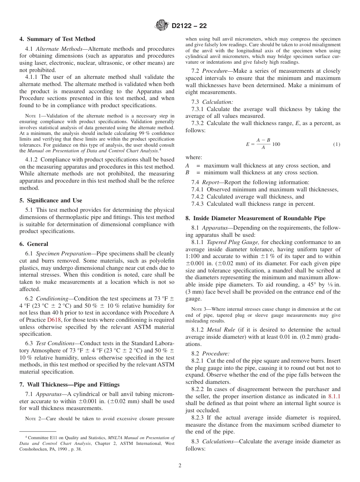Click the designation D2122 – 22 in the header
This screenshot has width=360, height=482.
(189, 26)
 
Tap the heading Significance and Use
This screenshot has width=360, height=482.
(54, 200)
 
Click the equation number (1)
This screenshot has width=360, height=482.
(337, 144)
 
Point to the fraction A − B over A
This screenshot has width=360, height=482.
(263, 144)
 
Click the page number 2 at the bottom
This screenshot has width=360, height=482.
(180, 466)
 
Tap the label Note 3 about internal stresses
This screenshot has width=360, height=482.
(199, 309)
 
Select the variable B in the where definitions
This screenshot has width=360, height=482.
(187, 172)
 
